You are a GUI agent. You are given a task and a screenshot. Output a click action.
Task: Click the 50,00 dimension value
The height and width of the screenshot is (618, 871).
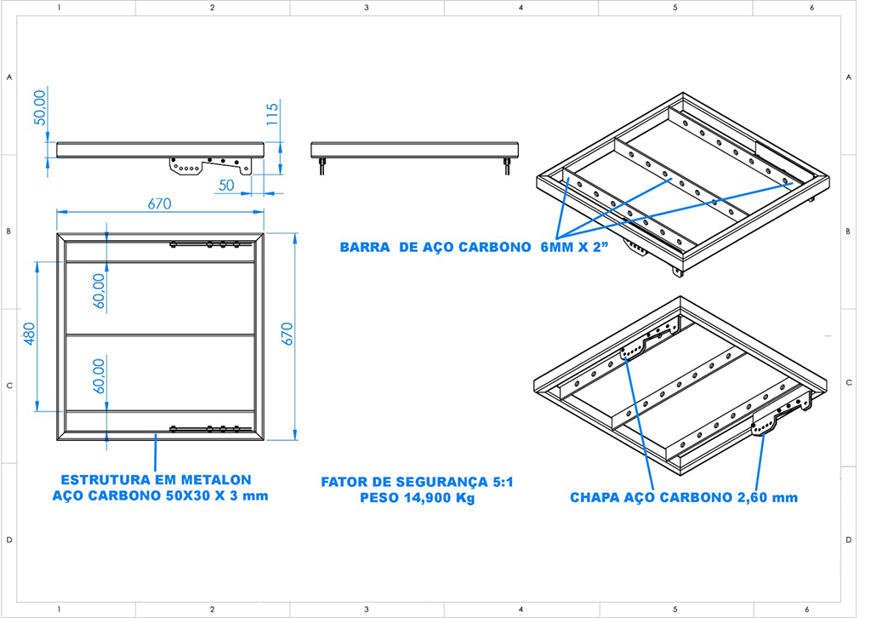pyautogui.click(x=41, y=107)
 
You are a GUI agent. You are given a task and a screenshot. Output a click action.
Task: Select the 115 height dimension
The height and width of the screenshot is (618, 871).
pyautogui.click(x=272, y=114)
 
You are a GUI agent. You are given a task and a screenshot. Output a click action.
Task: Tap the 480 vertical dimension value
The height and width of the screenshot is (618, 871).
pyautogui.click(x=30, y=334)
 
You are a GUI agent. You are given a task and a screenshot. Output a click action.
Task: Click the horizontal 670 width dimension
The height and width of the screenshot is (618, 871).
pyautogui.click(x=159, y=204)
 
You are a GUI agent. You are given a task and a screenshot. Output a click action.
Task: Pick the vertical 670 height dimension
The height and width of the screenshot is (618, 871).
pyautogui.click(x=287, y=334)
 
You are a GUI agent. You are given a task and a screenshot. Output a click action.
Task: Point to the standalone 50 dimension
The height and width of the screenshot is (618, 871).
pyautogui.click(x=226, y=185)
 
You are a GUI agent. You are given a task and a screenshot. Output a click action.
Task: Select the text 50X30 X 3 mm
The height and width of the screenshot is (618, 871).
pyautogui.click(x=217, y=495)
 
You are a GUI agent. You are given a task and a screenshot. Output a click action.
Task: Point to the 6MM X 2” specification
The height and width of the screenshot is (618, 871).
pyautogui.click(x=574, y=248)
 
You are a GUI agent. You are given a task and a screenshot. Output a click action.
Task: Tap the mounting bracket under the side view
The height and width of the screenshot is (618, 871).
pyautogui.click(x=209, y=166)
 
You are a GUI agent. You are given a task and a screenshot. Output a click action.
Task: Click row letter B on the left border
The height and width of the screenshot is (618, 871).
pyautogui.click(x=9, y=232)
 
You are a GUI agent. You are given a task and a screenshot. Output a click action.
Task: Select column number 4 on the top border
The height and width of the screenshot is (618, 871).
pyautogui.click(x=521, y=8)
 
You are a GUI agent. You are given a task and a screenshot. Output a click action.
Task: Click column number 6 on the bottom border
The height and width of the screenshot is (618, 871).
pyautogui.click(x=807, y=609)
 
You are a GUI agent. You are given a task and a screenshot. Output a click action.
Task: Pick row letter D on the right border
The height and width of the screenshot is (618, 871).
pyautogui.click(x=848, y=540)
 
